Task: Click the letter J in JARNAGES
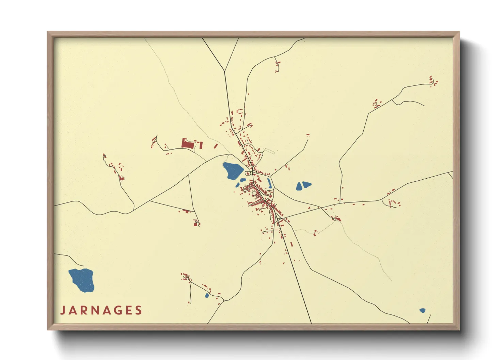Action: pyautogui.click(x=63, y=310)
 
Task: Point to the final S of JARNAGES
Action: pyautogui.click(x=138, y=310)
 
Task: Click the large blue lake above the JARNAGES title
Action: pyautogui.click(x=82, y=280)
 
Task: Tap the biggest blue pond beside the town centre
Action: pyautogui.click(x=233, y=170)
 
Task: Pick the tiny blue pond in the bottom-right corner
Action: pyautogui.click(x=422, y=310)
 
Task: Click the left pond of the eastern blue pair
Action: pyautogui.click(x=299, y=186)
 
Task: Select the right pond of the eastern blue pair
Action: pyautogui.click(x=306, y=184)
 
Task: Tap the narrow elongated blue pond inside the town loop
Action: pyautogui.click(x=269, y=183)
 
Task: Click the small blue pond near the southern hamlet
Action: pyautogui.click(x=207, y=295)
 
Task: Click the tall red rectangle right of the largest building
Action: pyautogui.click(x=201, y=145)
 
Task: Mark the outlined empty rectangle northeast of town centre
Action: pyautogui.click(x=269, y=150)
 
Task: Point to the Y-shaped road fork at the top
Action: pyautogui.click(x=224, y=71)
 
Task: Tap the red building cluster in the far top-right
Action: pyautogui.click(x=433, y=81)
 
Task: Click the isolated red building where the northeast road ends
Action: pyautogui.click(x=308, y=135)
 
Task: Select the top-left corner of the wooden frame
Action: pyautogui.click(x=48, y=32)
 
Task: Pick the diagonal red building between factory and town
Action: pyautogui.click(x=215, y=146)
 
